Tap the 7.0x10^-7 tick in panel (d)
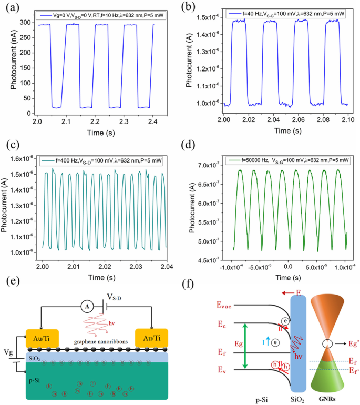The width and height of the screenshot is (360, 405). (211, 166)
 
